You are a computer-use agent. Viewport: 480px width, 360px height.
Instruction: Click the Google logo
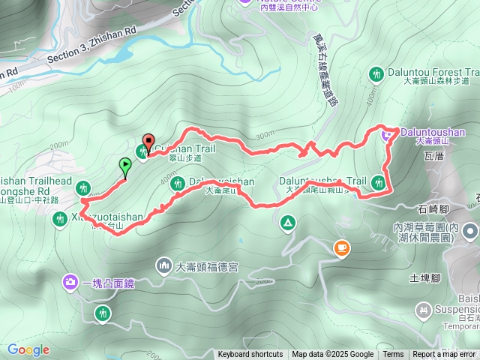coord(28,349)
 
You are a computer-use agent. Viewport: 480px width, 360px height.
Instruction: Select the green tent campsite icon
coord(287,223)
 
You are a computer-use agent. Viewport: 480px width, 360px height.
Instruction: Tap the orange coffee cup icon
coord(341,247)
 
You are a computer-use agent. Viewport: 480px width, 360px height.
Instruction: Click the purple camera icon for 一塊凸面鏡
coord(70,282)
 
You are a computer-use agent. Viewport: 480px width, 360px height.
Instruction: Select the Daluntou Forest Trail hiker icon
coord(376,73)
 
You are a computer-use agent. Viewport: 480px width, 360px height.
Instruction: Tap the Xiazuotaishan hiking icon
coord(60,218)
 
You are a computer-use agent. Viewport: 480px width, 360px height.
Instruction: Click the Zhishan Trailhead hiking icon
coord(84,187)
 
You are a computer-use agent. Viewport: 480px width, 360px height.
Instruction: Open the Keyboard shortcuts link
coord(250,355)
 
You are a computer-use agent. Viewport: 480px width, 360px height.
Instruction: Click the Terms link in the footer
coord(393,355)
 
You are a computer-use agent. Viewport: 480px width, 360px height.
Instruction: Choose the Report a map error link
coord(445,355)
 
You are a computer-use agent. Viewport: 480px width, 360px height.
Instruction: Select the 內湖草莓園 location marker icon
coord(469,231)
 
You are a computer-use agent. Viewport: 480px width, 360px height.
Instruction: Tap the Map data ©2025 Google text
coord(332,355)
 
